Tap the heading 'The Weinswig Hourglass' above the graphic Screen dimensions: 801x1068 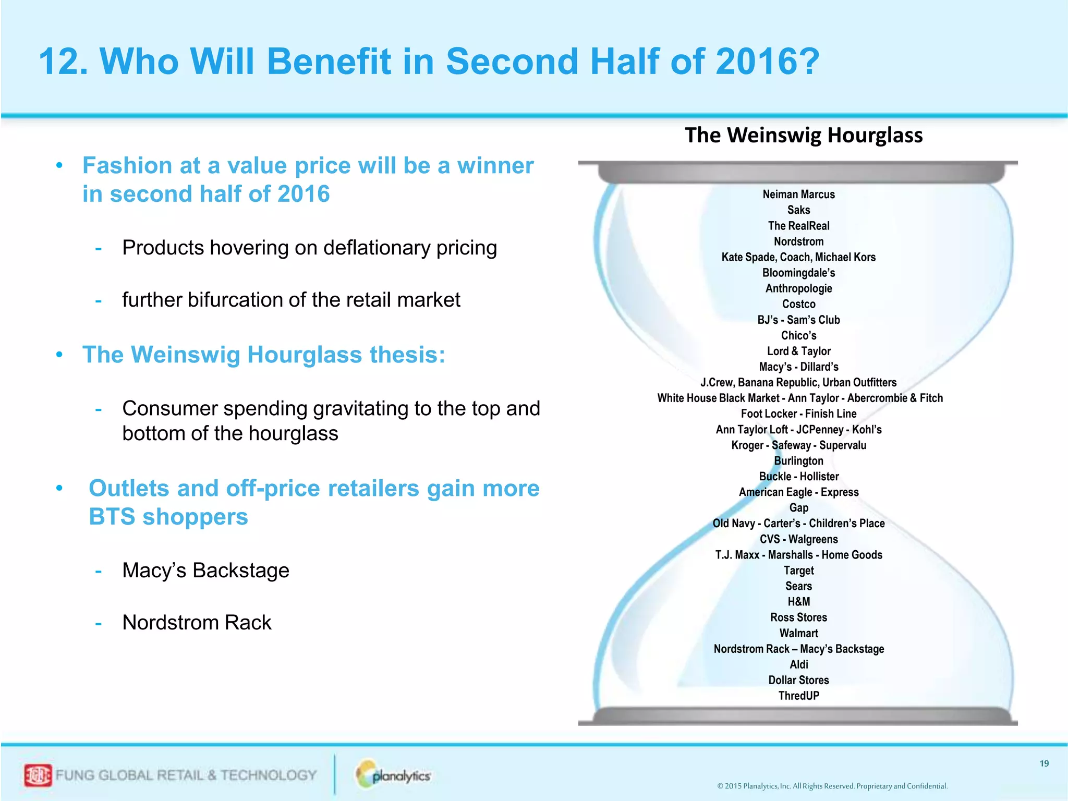tap(803, 135)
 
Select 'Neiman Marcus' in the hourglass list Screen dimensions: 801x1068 tap(798, 195)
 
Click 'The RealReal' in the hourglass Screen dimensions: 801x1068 tap(798, 226)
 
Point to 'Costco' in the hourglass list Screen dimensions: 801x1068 tap(798, 304)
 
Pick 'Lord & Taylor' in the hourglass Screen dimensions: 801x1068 tap(798, 351)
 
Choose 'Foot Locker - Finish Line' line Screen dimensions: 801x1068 tap(798, 414)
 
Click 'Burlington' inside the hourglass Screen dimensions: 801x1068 tap(798, 461)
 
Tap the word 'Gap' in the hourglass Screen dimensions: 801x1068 tap(798, 508)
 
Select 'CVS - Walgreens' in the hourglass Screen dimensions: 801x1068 tap(798, 539)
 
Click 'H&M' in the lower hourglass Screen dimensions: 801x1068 tap(798, 602)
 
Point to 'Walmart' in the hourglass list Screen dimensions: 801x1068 tap(798, 633)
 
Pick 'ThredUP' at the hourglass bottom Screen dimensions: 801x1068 tap(798, 696)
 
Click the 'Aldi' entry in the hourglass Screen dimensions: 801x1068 tap(798, 664)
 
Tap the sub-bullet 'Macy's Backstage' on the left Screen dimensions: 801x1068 tap(205, 571)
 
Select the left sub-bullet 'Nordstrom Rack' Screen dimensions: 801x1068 tap(197, 623)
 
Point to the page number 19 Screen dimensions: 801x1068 tap(1044, 763)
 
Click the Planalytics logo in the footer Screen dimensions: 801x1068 tap(394, 775)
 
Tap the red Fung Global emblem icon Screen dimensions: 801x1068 tap(38, 775)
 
